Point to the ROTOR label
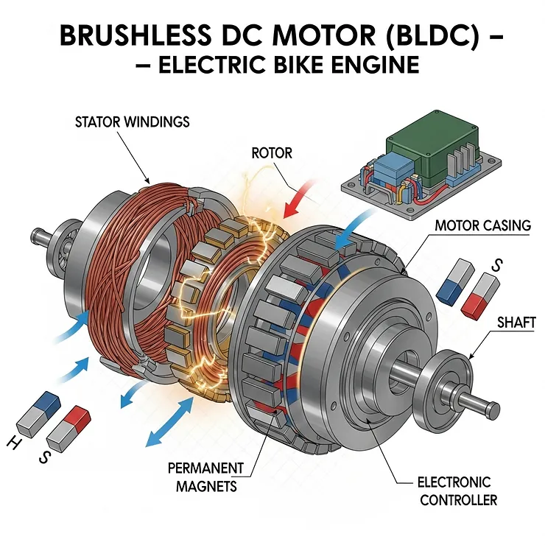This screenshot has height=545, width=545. [272, 154]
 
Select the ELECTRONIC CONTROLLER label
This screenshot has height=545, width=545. [454, 491]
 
